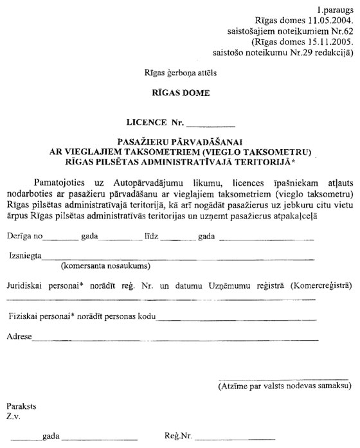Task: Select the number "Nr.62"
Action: [337, 30]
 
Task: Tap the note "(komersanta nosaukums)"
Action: [106, 265]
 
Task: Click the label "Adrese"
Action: [20, 336]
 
